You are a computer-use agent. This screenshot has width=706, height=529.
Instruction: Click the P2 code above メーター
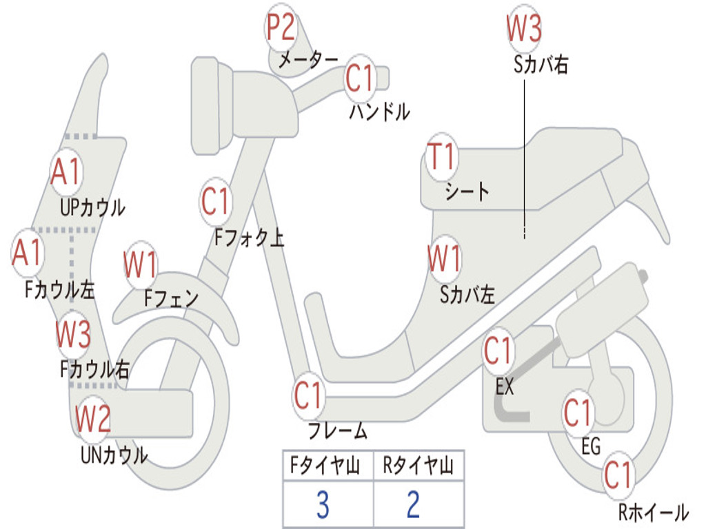pos(281,28)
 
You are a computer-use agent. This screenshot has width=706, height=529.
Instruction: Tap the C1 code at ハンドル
pos(359,77)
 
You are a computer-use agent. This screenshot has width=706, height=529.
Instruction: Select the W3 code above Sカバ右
pos(524,29)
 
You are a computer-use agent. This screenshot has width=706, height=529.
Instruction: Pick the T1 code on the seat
pos(441,157)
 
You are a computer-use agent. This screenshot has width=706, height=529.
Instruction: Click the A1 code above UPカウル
pos(66,172)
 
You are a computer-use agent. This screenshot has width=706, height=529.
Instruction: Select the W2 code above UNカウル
pos(93,417)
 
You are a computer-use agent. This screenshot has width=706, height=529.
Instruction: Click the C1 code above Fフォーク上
pos(215,202)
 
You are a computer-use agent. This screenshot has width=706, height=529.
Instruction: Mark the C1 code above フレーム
pos(309,396)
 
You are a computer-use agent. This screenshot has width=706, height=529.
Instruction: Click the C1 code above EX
pos(498,351)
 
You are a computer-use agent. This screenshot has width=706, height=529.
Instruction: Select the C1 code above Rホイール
pos(618,475)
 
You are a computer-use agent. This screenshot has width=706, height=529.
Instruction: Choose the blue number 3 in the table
pos(322,505)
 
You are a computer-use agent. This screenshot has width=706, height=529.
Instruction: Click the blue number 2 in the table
pos(413,505)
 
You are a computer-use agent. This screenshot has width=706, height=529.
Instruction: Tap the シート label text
pos(467,191)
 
